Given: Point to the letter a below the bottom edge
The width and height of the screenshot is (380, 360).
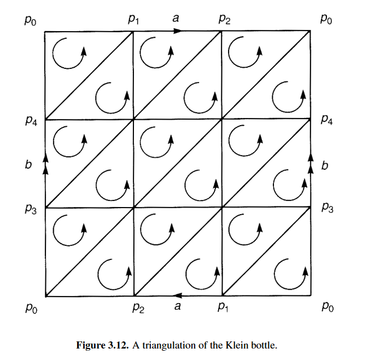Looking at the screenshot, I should click(x=177, y=306).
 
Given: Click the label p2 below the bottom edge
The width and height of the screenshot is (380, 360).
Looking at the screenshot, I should click(x=137, y=309).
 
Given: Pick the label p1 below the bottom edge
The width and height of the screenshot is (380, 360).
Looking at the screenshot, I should click(x=223, y=309).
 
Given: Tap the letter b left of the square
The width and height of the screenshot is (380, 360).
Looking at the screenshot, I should click(x=28, y=164).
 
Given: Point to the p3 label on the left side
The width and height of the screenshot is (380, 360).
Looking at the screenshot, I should click(x=31, y=210).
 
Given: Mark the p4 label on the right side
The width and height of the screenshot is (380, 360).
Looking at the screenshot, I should click(x=328, y=119).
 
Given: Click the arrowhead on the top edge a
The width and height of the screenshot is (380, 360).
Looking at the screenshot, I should click(x=177, y=31).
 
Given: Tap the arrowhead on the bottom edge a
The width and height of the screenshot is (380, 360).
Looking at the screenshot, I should click(x=177, y=296).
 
